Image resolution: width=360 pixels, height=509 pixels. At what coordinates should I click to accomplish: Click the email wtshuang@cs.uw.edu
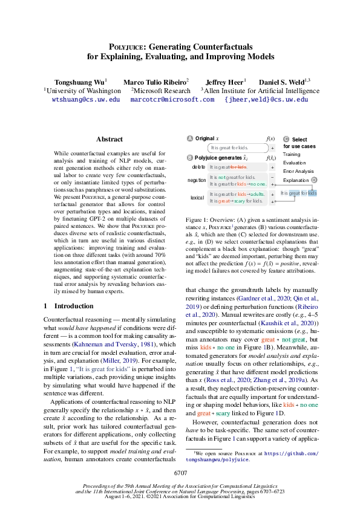point(86,99)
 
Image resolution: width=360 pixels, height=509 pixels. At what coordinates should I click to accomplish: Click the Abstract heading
point(109,139)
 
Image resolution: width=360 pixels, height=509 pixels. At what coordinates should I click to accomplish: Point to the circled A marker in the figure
point(190,138)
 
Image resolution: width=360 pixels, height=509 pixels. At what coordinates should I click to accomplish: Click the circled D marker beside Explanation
point(314,180)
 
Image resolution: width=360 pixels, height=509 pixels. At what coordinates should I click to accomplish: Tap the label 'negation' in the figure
point(197,180)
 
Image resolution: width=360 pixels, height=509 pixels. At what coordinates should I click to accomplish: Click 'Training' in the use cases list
point(292,154)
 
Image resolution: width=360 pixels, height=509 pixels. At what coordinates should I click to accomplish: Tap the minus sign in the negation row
point(273,177)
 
